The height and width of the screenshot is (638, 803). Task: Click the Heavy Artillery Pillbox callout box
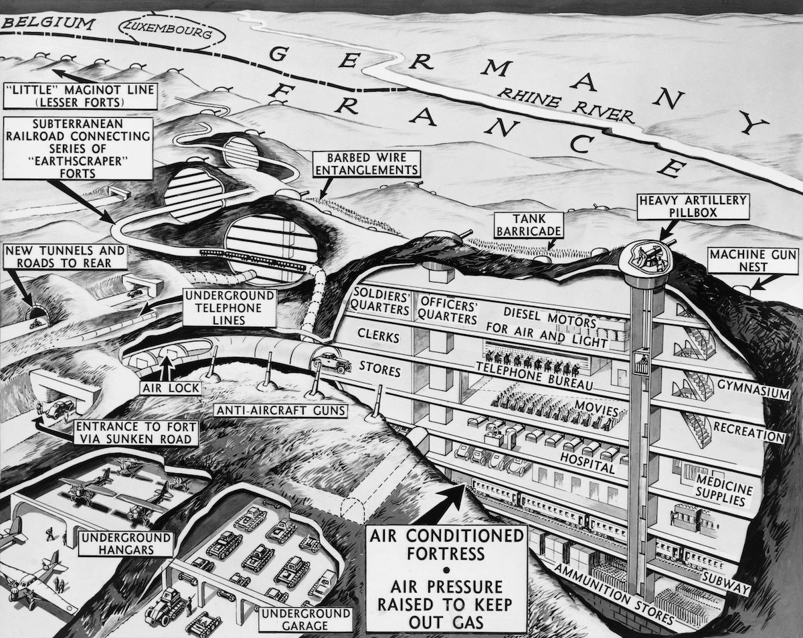coord(683,206)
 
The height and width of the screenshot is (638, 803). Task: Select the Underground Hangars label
coord(125,544)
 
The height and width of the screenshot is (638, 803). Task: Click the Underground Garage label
coord(305,619)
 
